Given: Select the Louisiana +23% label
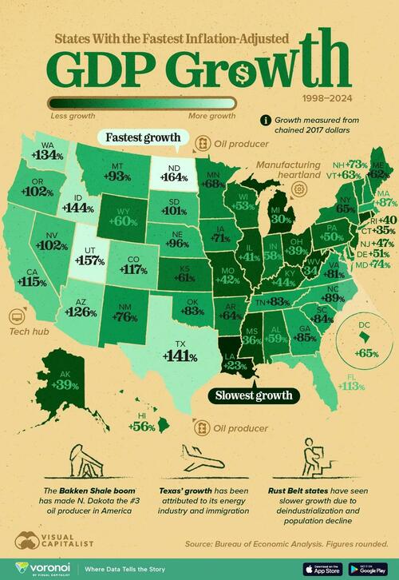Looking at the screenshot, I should tap(235, 363).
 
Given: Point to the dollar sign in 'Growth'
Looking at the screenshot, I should tap(247, 71).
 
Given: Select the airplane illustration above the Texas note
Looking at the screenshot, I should tap(199, 459).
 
